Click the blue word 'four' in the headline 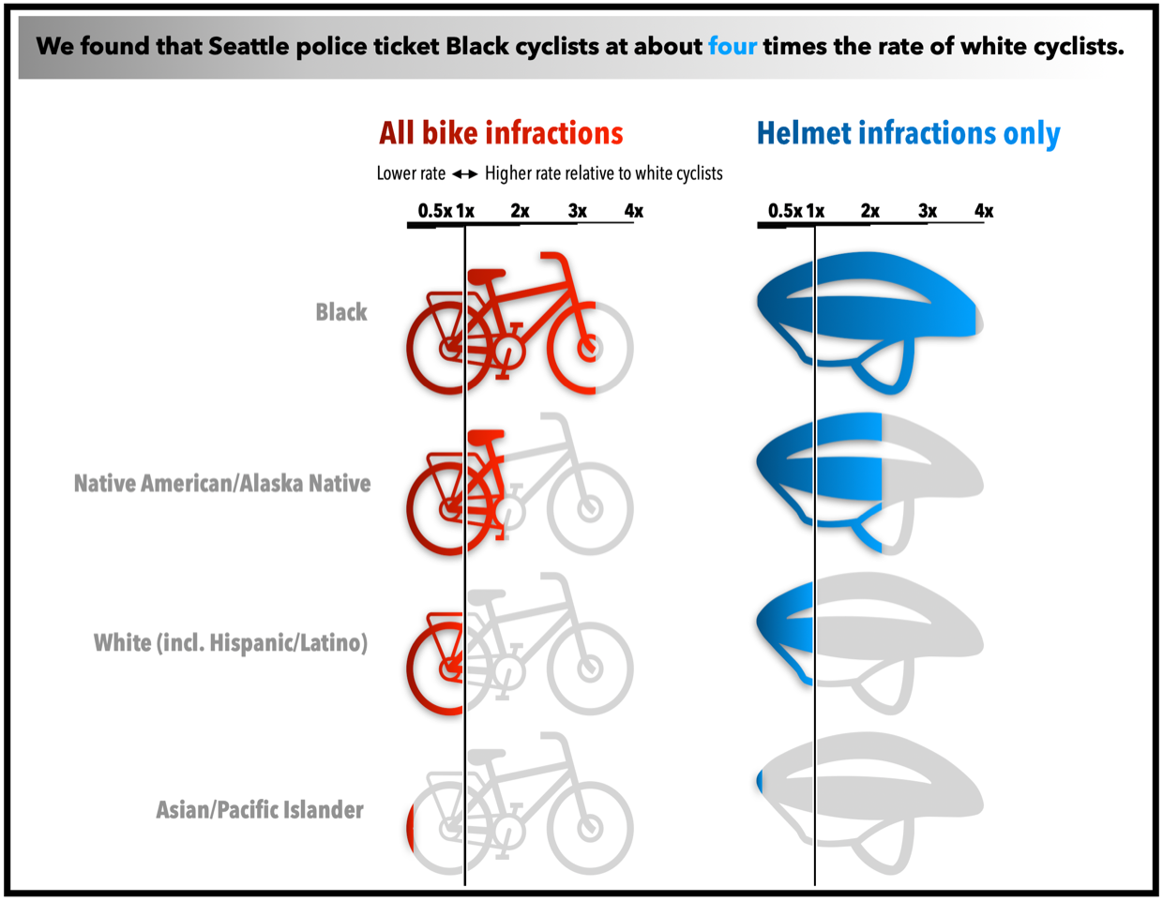tap(732, 46)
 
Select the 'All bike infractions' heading tap(501, 133)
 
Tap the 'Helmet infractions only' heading tap(908, 133)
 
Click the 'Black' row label tap(340, 312)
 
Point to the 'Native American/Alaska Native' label tap(222, 484)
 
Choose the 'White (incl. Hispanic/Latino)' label tap(230, 643)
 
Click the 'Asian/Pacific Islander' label tap(259, 810)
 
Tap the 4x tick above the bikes tap(634, 211)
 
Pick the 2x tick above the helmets tap(870, 211)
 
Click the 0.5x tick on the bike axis tap(434, 211)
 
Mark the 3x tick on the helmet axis tap(928, 211)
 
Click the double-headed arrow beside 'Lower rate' tap(465, 173)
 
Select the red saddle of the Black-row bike tap(486, 275)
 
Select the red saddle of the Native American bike tap(486, 436)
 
